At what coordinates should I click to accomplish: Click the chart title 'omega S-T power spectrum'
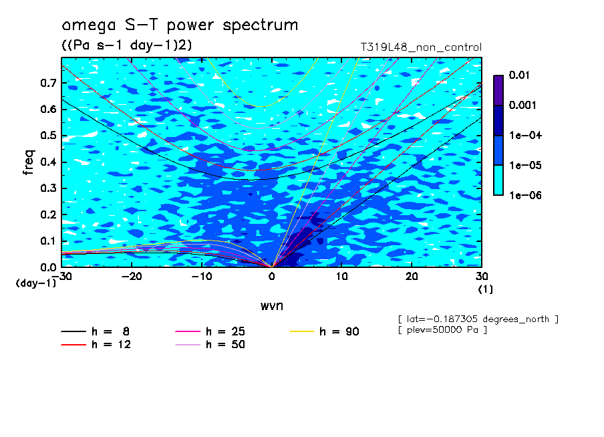click(180, 25)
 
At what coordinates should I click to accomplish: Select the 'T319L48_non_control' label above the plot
click(421, 47)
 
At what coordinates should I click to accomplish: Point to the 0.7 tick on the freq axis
click(49, 83)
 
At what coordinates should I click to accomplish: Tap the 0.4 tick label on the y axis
click(49, 162)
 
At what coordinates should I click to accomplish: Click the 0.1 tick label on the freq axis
click(49, 241)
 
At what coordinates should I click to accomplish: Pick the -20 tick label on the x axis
click(132, 277)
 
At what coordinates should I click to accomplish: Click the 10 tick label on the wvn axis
click(341, 277)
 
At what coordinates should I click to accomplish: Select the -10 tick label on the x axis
click(202, 277)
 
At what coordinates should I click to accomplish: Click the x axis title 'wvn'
click(271, 306)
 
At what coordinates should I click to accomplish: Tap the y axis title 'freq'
click(29, 162)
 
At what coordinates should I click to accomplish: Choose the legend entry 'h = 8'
click(95, 331)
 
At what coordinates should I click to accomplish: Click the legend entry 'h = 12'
click(96, 344)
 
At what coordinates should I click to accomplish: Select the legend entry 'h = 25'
click(210, 331)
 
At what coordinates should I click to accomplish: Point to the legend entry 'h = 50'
click(210, 344)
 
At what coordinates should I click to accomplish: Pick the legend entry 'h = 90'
click(324, 331)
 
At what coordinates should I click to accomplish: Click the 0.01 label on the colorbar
click(519, 75)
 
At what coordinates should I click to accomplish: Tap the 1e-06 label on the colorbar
click(525, 195)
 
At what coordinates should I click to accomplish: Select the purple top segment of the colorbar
click(498, 90)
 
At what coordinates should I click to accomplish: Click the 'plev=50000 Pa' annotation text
click(442, 330)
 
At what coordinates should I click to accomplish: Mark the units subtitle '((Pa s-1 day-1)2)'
click(127, 45)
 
